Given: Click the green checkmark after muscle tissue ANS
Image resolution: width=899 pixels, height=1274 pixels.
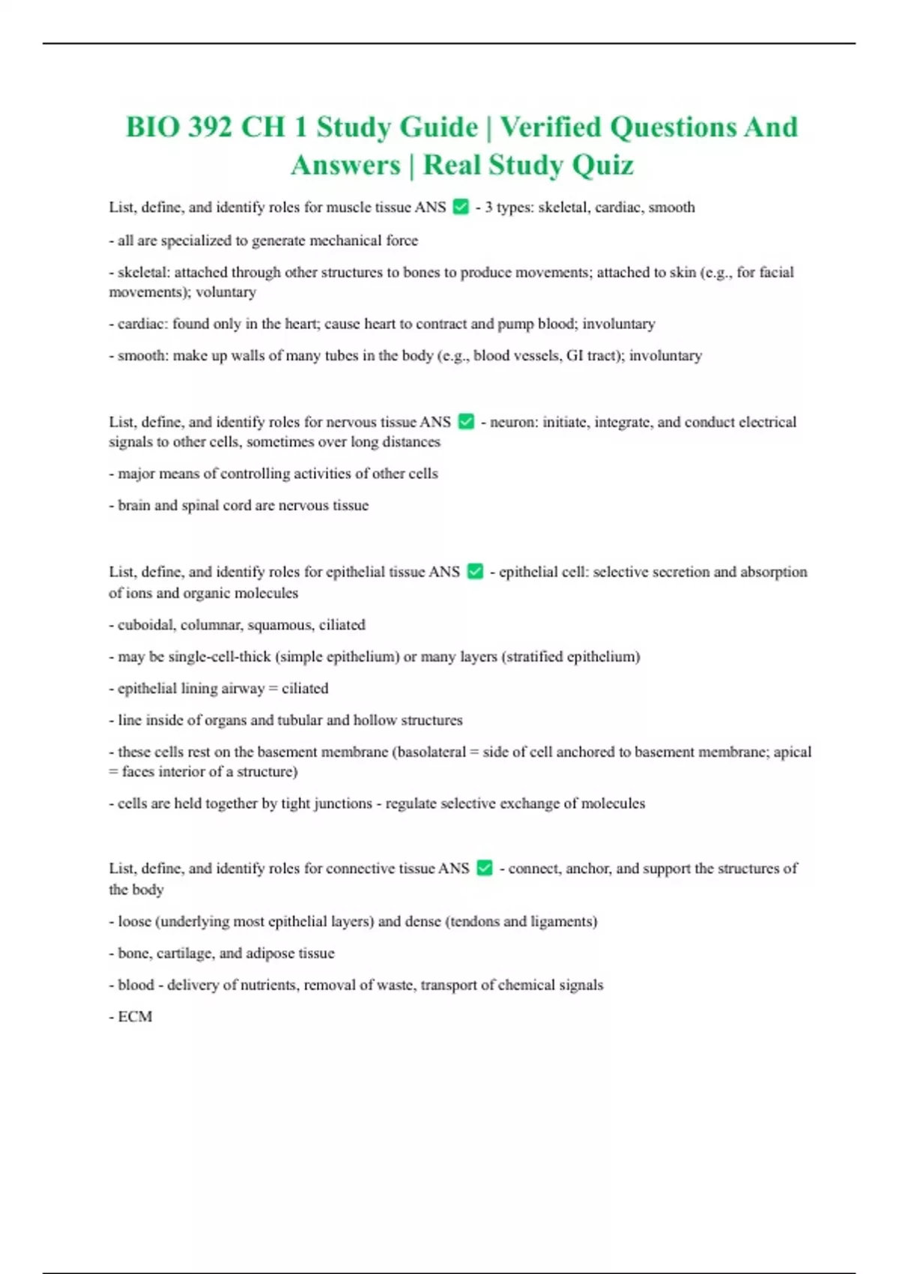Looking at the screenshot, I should (x=461, y=206).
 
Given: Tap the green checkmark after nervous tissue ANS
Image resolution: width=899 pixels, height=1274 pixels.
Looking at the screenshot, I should (x=466, y=421).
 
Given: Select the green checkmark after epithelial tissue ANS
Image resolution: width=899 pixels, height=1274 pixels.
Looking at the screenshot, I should (x=475, y=571).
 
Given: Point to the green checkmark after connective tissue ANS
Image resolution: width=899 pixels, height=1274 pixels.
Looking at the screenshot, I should (x=485, y=868).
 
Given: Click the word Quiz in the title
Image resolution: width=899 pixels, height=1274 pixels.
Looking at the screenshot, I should (x=603, y=165).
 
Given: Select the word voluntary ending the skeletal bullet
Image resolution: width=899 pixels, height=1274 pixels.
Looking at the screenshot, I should (x=225, y=292).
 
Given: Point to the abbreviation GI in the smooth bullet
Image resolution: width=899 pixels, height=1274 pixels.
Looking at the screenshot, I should (x=575, y=355).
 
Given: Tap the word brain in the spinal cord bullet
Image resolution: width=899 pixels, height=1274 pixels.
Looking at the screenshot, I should (x=134, y=505).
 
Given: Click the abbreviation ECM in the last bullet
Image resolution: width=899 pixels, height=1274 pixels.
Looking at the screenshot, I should (x=135, y=1017).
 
